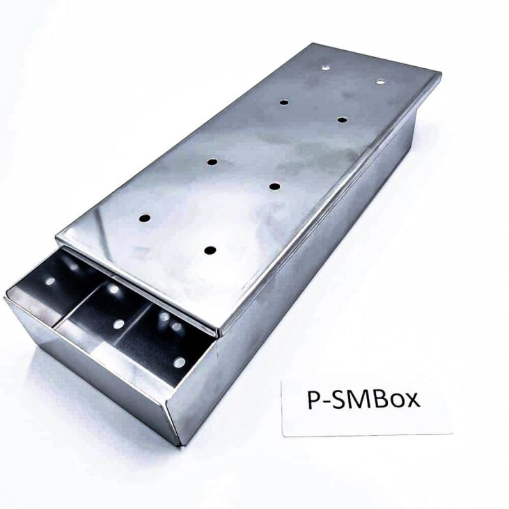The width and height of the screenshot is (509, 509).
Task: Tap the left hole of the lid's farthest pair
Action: (325, 68)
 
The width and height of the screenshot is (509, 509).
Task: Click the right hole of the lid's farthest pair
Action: (380, 82)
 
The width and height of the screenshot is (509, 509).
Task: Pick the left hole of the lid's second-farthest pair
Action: (284, 102)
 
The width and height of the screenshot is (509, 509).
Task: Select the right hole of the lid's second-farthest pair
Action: (342, 120)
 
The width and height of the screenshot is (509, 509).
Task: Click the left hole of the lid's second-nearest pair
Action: (212, 162)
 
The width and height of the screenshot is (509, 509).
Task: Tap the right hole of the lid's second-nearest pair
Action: (274, 186)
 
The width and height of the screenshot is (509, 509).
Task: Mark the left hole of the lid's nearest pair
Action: (145, 218)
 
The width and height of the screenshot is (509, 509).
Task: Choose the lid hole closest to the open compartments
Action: (210, 249)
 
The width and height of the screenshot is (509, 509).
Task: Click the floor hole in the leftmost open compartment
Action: (51, 281)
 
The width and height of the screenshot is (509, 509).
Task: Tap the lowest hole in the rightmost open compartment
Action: (180, 362)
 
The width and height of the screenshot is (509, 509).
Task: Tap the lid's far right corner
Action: (439, 72)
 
